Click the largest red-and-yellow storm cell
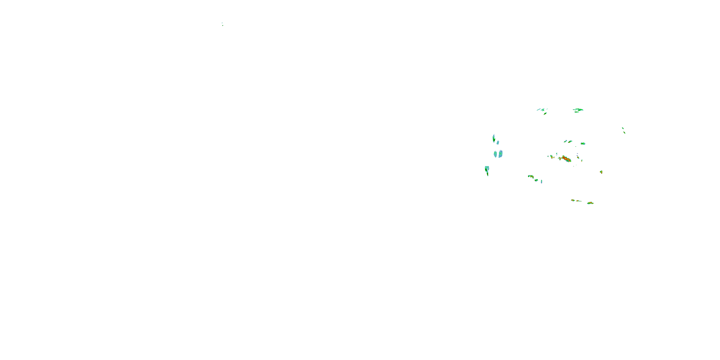566,159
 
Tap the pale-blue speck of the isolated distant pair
222,23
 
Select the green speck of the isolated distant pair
223,25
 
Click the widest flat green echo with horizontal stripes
578,110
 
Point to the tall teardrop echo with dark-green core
494,138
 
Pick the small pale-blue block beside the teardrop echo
498,143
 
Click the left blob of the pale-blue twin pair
495,154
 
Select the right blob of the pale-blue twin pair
500,154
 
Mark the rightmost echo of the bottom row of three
590,203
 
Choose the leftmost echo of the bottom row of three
573,200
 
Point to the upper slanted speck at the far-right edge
623,128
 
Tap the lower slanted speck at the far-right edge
624,132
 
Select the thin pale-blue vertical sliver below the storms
541,181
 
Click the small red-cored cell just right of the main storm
578,157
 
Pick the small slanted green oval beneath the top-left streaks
545,114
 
